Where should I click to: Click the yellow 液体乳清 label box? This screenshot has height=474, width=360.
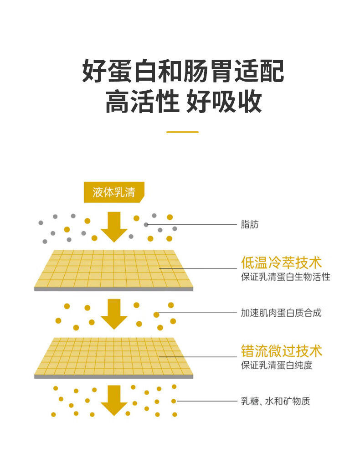coord(114,192)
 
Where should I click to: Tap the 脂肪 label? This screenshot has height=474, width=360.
coord(249,224)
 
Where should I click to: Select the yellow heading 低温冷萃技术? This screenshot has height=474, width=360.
coord(281,263)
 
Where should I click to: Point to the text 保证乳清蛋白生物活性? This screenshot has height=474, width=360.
coord(285,277)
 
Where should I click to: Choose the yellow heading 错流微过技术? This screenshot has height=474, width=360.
coord(281,351)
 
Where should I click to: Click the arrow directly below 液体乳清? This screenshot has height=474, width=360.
coord(114,227)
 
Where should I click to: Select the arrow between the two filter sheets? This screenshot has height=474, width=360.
coord(114,314)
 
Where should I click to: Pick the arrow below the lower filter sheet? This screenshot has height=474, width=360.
coord(114,401)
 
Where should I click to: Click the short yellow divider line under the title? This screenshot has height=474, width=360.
coord(182,132)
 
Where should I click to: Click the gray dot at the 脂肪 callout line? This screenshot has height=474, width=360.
coord(146,224)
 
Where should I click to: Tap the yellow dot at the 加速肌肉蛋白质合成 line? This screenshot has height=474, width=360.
coord(156,314)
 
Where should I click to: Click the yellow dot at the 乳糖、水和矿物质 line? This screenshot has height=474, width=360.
coord(174,401)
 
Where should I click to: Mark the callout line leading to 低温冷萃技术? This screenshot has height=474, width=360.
coord(198,268)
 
